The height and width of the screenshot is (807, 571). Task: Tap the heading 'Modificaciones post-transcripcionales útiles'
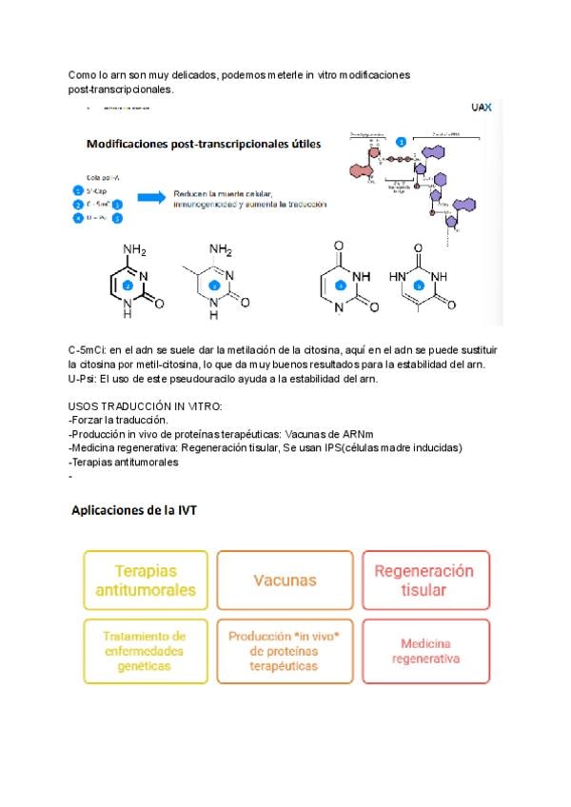tap(204, 145)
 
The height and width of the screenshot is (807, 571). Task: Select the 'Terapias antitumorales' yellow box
tap(146, 581)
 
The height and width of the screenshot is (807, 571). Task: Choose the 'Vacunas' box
tap(285, 580)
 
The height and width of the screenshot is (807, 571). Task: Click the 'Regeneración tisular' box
tap(423, 581)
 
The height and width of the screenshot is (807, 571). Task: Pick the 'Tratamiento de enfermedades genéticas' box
tap(146, 651)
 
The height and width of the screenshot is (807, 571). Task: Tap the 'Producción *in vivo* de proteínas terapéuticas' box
tap(285, 651)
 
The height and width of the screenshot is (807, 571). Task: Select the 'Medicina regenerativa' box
tap(423, 651)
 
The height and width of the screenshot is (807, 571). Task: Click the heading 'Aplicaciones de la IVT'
tap(134, 510)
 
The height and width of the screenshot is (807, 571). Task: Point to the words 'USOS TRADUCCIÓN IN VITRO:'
tap(146, 406)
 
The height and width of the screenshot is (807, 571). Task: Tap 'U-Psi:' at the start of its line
tap(86, 379)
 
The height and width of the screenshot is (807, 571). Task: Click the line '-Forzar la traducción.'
tap(118, 420)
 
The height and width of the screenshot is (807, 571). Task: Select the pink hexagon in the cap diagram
tap(360, 171)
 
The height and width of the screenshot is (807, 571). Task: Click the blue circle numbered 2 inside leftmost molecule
tap(128, 285)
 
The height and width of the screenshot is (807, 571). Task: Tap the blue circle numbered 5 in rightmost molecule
tap(419, 285)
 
